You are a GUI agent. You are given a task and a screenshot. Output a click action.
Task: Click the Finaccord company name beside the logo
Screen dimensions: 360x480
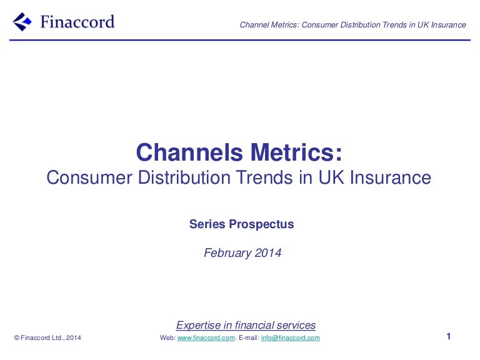click(x=77, y=22)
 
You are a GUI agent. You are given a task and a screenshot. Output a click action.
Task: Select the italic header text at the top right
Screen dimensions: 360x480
click(x=353, y=25)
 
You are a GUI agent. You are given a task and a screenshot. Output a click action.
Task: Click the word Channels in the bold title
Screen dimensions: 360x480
click(x=189, y=152)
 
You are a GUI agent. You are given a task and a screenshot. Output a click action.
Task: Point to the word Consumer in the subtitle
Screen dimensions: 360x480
click(x=87, y=177)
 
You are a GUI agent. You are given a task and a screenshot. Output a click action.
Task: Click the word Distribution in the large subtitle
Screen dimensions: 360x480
click(x=179, y=177)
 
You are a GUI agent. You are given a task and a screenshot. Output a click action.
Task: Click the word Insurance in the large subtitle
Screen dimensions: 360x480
click(x=391, y=177)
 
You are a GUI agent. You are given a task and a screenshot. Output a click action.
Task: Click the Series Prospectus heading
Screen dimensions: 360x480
click(x=241, y=224)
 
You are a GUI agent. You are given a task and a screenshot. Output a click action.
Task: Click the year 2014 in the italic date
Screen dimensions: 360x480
click(x=267, y=253)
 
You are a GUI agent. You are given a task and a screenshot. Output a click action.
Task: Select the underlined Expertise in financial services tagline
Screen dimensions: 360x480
click(x=246, y=325)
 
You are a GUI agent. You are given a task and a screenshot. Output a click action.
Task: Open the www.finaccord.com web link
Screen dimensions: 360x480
click(x=206, y=338)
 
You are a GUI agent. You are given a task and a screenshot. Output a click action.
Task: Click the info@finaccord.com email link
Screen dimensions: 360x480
click(x=290, y=338)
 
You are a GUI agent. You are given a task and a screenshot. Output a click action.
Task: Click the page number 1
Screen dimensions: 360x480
click(x=449, y=337)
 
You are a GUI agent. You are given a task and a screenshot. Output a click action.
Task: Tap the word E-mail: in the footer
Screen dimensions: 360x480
click(x=248, y=338)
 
